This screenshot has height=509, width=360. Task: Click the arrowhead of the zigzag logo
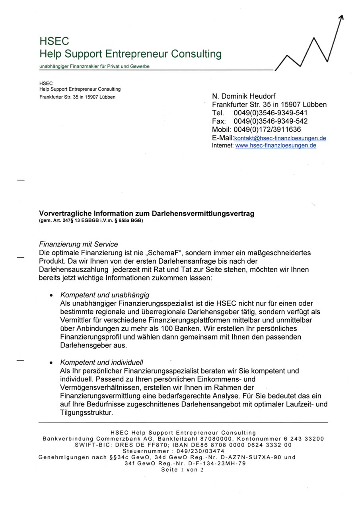tap(341, 17)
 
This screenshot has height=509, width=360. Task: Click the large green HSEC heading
tap(54, 41)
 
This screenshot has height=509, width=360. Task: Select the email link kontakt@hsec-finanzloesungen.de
tap(280, 138)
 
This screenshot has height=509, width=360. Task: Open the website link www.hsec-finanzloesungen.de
tap(276, 146)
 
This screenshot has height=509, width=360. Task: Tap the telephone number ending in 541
tap(270, 113)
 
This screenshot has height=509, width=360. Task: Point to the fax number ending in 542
tap(270, 121)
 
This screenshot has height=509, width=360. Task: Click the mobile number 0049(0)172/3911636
tap(267, 130)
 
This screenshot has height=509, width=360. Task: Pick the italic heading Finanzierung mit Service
tap(78, 244)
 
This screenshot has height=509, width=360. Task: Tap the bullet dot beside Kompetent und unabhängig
tap(51, 296)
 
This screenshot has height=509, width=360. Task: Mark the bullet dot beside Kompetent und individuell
tap(51, 363)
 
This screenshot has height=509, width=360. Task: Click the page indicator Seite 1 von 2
tap(182, 470)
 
